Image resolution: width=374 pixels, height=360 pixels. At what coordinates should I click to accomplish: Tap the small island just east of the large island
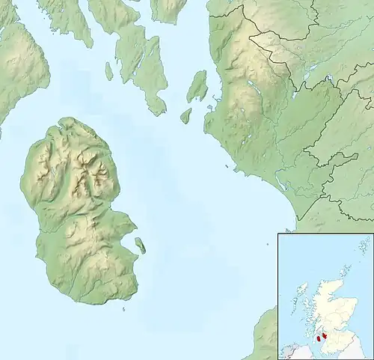coord(140,245)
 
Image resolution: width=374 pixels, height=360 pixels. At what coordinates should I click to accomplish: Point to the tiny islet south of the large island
coord(124,307)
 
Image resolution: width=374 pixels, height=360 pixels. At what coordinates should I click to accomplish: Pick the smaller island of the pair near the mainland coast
coord(186,115)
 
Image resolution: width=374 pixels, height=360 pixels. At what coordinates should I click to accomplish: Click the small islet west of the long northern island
coord(108,71)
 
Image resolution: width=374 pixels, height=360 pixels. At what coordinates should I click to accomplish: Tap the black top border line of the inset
coord(325,234)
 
